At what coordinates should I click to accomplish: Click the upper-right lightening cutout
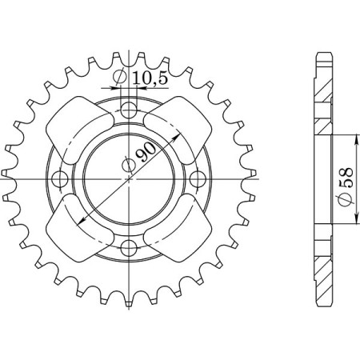coord(175,127)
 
